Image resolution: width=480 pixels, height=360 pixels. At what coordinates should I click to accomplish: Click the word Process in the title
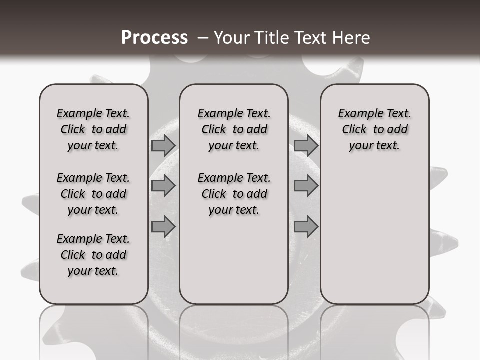pos(154,38)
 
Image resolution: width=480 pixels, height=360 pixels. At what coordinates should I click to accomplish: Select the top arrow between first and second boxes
pos(163,146)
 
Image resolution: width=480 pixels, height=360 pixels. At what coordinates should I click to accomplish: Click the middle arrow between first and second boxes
pos(163,186)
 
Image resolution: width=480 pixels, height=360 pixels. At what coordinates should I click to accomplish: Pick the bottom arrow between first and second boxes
pos(163,227)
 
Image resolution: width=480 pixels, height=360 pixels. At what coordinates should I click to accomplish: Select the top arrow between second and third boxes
pos(306,146)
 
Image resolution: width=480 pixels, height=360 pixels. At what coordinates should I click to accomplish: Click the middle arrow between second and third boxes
pos(306,186)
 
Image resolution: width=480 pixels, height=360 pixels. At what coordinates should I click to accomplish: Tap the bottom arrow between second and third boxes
pos(306,227)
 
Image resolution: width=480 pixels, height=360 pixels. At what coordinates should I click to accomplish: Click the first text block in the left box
pos(93,129)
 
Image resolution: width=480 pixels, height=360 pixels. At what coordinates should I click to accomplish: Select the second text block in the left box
pos(93,194)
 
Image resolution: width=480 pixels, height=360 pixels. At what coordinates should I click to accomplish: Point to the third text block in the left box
pos(93,255)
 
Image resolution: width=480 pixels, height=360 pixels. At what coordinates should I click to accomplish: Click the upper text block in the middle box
pos(234,129)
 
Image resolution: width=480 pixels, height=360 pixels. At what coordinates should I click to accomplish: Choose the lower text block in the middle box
pos(234,194)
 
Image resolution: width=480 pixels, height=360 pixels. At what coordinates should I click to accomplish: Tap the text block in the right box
pos(374,129)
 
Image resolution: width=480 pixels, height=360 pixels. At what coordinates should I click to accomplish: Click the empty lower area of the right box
pos(374,235)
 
